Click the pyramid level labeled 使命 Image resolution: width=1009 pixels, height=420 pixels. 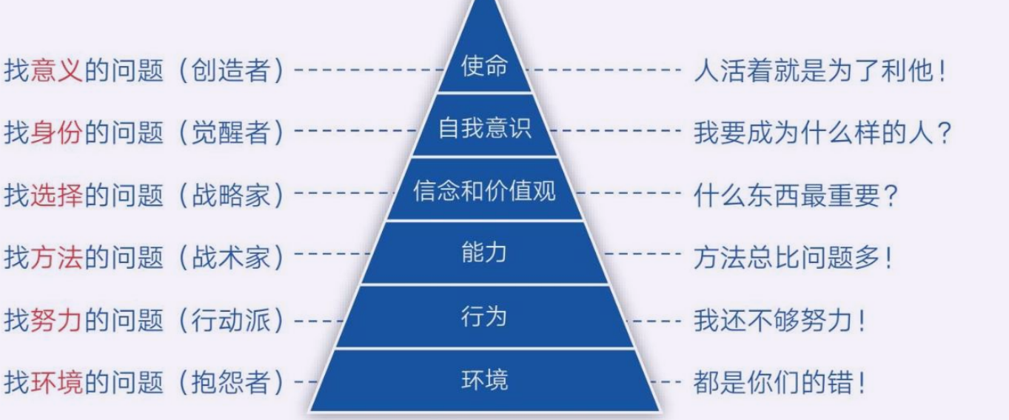484,66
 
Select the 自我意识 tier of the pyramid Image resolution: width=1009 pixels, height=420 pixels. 485,128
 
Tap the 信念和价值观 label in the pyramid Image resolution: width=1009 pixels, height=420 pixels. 484,190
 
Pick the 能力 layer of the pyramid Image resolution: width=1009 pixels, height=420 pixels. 484,253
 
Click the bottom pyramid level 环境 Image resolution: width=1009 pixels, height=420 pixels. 484,379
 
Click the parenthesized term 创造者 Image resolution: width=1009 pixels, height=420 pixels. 231,70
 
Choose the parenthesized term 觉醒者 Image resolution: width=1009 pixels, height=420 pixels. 231,133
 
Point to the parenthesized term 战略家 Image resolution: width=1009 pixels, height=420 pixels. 231,195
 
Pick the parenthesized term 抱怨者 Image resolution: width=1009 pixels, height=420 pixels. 231,383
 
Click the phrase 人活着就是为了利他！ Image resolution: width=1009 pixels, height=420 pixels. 819,71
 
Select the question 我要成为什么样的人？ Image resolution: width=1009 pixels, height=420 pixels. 822,133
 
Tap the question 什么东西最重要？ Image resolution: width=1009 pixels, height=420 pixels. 796,196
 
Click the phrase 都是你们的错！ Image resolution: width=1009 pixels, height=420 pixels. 779,383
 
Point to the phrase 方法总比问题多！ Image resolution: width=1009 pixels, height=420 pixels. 793,258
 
